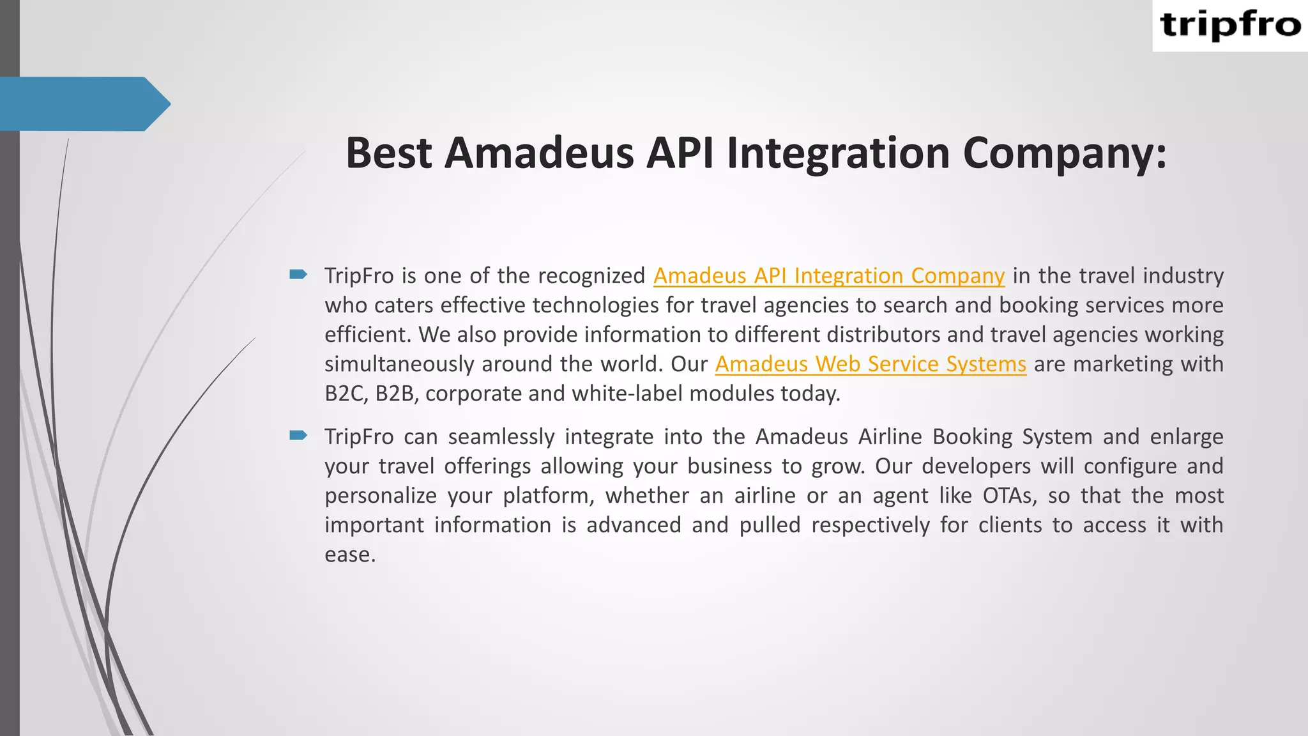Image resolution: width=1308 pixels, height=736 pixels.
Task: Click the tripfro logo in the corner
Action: pyautogui.click(x=1230, y=26)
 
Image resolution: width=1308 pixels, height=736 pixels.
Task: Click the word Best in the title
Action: pyautogui.click(x=388, y=153)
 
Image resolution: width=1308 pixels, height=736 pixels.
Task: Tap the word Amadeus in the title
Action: pyautogui.click(x=539, y=153)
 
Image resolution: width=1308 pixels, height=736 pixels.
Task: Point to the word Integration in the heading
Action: pyautogui.click(x=838, y=153)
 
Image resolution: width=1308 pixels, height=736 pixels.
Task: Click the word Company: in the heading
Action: pyautogui.click(x=1064, y=153)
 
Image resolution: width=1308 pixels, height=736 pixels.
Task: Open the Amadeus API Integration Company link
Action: pyautogui.click(x=828, y=275)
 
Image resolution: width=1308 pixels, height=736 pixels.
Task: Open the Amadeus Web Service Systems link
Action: pyautogui.click(x=870, y=364)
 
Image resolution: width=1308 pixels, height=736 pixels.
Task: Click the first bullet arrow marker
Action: pyautogui.click(x=298, y=275)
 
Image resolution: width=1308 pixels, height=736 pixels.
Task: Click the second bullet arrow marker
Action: pyautogui.click(x=298, y=436)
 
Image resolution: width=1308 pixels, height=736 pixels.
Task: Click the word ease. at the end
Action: pyautogui.click(x=350, y=555)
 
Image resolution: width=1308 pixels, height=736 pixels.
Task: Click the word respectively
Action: pyautogui.click(x=871, y=525)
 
